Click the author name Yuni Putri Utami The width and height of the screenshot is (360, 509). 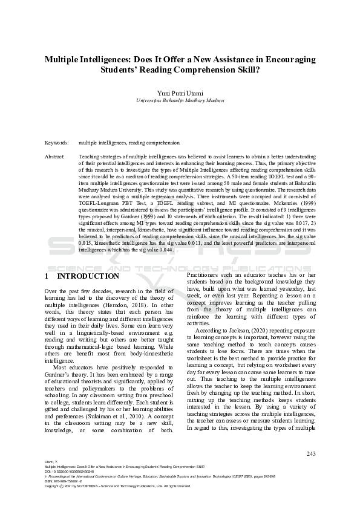[180, 92]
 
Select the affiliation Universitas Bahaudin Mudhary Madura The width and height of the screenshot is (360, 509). [180, 100]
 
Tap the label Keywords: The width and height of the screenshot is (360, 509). [57, 143]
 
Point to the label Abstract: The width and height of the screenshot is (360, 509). [55, 157]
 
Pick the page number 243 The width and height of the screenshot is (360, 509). [311, 453]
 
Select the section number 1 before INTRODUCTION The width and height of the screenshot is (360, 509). [47, 276]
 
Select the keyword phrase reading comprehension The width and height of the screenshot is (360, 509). [154, 143]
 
